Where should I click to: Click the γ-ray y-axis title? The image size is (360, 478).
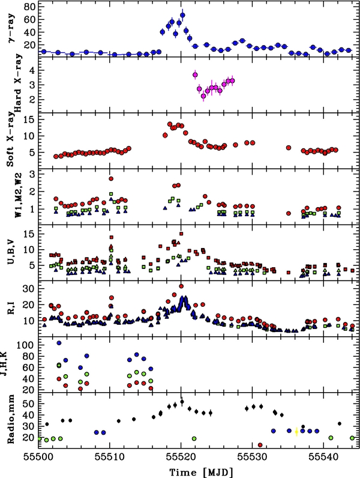(x=10, y=28)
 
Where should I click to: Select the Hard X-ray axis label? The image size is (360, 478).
(x=10, y=84)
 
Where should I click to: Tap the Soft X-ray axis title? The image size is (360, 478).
(x=10, y=140)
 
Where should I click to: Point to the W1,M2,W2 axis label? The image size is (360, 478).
(x=10, y=196)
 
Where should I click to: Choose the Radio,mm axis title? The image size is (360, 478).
(x=10, y=420)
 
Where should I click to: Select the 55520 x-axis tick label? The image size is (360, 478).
(x=182, y=458)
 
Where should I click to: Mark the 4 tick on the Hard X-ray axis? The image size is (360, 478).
(x=31, y=70)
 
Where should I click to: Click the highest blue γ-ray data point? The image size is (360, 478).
(x=182, y=16)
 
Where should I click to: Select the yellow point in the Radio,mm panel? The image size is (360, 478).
(x=296, y=431)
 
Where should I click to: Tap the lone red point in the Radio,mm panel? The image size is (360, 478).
(x=260, y=445)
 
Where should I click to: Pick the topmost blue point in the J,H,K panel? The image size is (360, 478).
(x=59, y=343)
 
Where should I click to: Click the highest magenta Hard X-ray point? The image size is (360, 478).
(x=195, y=74)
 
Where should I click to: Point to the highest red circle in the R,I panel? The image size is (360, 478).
(x=181, y=286)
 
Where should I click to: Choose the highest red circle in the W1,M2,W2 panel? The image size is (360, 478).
(x=111, y=178)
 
